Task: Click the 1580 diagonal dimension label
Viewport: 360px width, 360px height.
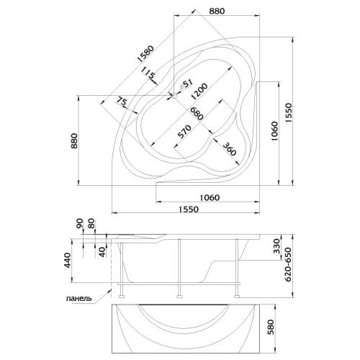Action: coord(145,54)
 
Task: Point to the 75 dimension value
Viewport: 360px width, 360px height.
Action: coord(122,102)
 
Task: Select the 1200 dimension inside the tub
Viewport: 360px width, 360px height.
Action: coord(199,91)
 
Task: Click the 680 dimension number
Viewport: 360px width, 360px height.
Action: coord(197,113)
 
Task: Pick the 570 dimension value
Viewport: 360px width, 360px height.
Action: coord(184,132)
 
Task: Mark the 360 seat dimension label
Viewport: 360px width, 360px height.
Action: coord(230,149)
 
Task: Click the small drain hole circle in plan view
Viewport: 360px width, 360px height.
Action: coord(174,96)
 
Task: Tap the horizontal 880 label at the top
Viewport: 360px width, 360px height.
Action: coord(217,11)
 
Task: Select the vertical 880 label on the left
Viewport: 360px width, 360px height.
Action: coord(74,141)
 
